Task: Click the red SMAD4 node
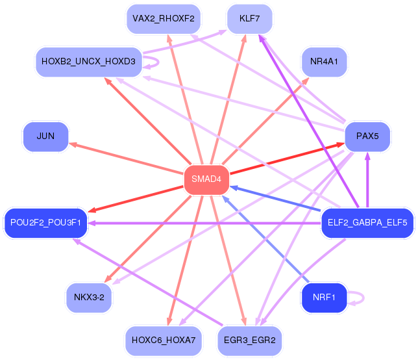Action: (207, 179)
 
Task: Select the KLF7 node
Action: (249, 18)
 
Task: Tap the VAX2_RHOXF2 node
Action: (163, 18)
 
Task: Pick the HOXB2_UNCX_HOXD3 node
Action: (88, 62)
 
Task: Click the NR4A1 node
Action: (324, 62)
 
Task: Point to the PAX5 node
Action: (367, 136)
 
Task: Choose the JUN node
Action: (45, 136)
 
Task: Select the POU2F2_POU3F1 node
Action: (45, 223)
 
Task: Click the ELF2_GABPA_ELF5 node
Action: (367, 223)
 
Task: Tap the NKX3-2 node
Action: (89, 297)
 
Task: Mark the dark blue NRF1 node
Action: (324, 298)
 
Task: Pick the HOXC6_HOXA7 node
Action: (163, 340)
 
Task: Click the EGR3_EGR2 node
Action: (249, 340)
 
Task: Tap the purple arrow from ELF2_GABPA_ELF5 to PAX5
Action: (367, 182)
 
